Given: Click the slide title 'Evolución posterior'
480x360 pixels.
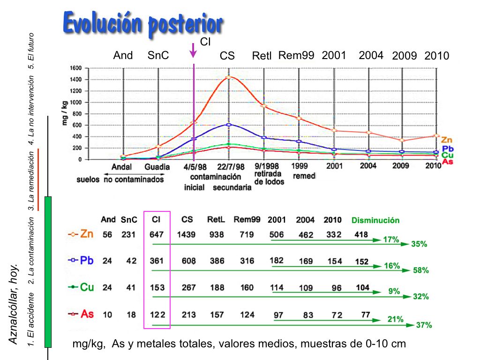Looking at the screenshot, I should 142,23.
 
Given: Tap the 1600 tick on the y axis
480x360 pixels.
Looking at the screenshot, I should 76,68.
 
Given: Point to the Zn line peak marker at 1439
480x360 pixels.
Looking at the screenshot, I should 228,77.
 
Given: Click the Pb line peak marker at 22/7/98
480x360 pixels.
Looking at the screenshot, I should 228,125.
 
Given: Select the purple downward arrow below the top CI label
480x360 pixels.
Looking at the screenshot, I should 193,51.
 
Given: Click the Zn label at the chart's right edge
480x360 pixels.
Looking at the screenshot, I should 447,140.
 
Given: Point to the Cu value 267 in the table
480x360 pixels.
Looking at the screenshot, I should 188,287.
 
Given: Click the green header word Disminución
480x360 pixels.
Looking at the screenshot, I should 375,220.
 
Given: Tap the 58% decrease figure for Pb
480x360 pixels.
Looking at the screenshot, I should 420,270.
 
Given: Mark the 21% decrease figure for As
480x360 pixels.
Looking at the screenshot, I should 395,319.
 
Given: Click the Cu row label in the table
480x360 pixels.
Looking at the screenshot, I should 87,287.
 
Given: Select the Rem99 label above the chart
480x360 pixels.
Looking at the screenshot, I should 296,55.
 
